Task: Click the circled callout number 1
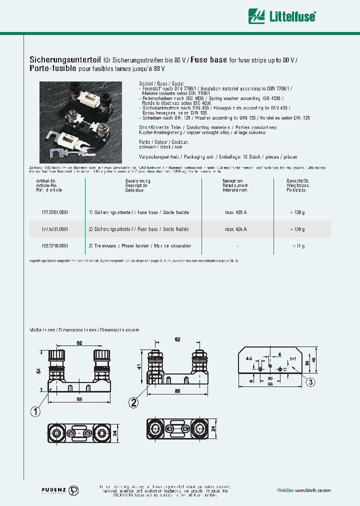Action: [x=35, y=412]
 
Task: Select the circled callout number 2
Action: [x=133, y=401]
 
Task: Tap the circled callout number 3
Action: [x=310, y=382]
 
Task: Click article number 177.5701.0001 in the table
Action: [x=55, y=212]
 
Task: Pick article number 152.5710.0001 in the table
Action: [x=55, y=246]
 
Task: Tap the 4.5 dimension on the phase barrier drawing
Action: [x=249, y=358]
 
